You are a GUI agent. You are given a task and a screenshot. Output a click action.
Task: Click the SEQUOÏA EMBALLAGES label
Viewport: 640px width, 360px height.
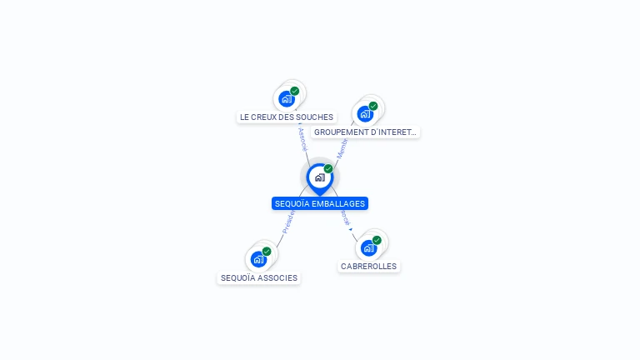[319, 203]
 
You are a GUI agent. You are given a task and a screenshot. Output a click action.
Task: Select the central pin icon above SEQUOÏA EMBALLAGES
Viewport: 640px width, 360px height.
[319, 177]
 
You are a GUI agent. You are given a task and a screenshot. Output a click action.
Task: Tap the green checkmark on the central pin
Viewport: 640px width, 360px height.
[328, 169]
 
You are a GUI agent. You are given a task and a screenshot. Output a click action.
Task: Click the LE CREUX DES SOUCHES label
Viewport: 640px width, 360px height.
[286, 117]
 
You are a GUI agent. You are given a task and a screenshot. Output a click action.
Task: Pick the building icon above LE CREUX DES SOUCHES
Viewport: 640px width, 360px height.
[287, 98]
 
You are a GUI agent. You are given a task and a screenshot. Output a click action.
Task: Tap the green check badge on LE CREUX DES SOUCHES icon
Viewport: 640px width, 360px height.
[295, 91]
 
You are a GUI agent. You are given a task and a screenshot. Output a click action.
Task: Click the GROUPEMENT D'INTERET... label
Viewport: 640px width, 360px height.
[365, 132]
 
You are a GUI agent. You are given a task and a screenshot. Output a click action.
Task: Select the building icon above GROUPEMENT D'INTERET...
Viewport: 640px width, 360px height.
[365, 113]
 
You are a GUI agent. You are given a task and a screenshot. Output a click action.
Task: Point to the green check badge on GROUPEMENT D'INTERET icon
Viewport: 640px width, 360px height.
[373, 106]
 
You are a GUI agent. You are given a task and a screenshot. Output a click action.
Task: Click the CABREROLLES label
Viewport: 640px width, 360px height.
[369, 267]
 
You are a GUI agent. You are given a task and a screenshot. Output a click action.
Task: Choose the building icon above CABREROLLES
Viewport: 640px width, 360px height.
[368, 247]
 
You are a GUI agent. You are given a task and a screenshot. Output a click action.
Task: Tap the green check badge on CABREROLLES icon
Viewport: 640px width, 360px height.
[377, 240]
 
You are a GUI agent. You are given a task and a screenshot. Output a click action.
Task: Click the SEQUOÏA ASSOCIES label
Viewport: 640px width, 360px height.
[258, 278]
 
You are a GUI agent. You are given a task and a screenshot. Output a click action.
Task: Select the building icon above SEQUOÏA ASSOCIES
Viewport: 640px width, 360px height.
[258, 259]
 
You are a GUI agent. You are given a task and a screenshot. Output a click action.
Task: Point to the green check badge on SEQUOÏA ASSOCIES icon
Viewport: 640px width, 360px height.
[267, 251]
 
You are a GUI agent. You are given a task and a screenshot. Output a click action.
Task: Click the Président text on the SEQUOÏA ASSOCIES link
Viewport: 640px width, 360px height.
[287, 222]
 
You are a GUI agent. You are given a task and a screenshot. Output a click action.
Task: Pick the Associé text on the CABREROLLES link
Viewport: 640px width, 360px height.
[345, 218]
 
